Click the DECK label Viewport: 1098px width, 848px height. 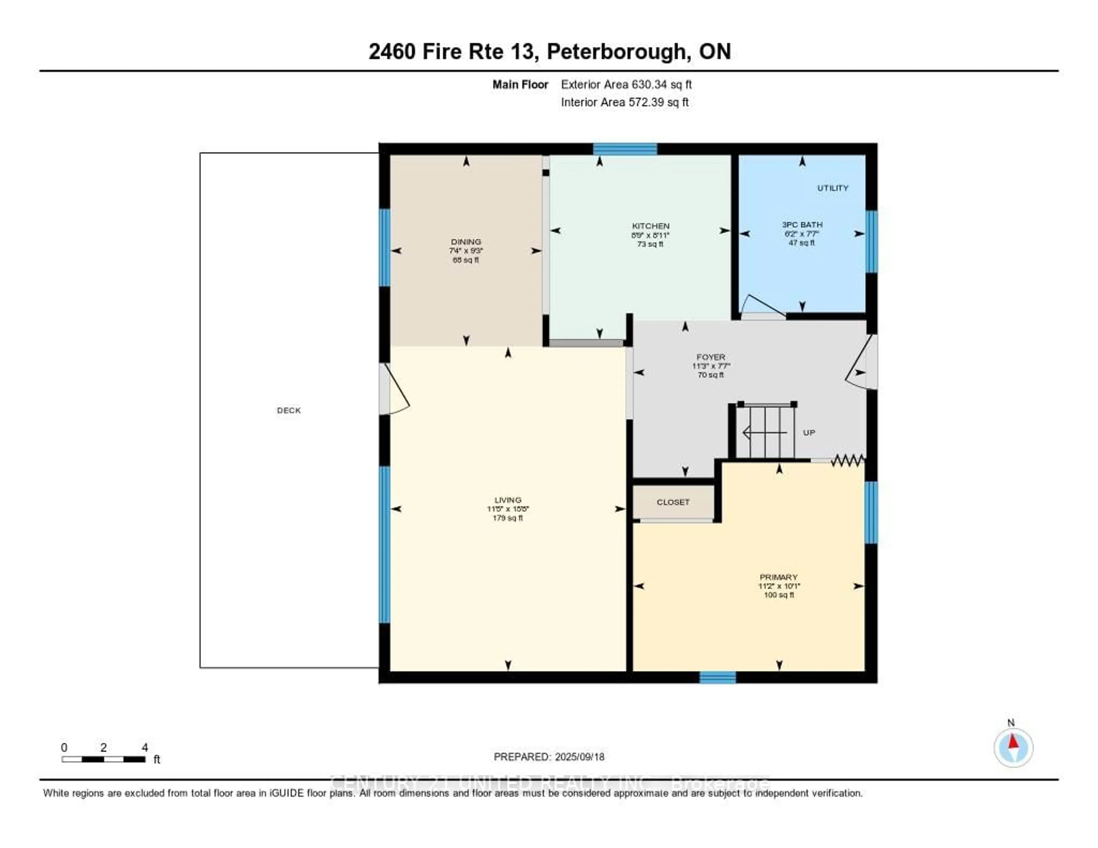[289, 411]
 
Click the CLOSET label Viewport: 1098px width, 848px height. [673, 502]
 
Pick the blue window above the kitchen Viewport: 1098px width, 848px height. [624, 149]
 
